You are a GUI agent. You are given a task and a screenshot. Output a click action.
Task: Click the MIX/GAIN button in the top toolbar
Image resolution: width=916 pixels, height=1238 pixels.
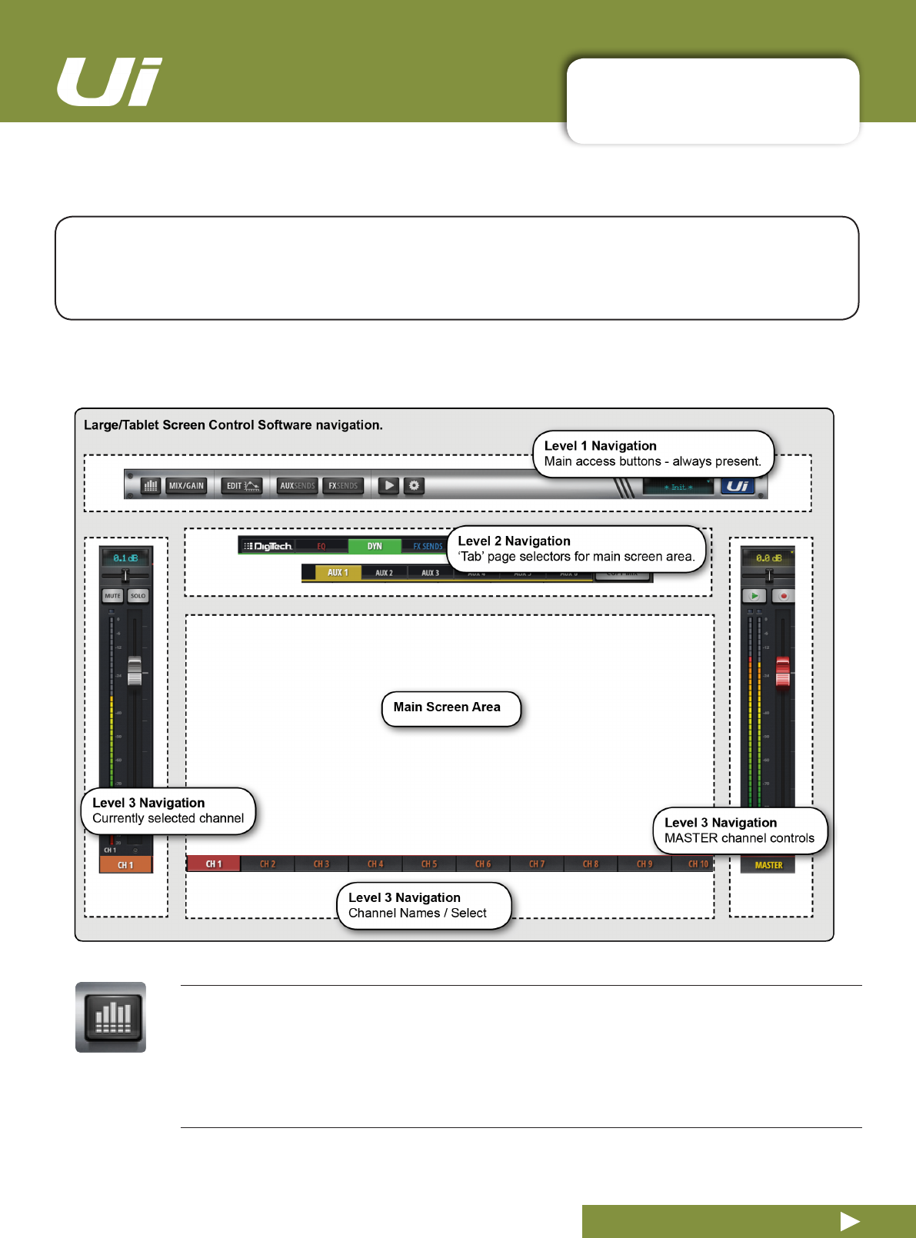[x=186, y=486]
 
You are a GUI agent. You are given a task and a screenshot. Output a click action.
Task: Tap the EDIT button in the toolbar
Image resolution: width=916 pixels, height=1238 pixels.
[x=242, y=486]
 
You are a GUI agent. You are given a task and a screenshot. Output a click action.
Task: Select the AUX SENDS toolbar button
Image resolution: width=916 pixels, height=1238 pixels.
[x=297, y=486]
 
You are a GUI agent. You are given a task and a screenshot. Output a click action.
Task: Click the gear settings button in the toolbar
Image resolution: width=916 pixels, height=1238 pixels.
[x=414, y=486]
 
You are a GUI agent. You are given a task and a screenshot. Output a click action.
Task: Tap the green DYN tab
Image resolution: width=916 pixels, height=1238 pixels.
[x=375, y=546]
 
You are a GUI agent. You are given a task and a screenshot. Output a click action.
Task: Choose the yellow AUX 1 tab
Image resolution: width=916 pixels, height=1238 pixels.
[x=338, y=573]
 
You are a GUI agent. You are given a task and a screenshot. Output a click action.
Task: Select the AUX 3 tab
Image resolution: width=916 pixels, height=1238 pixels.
[x=430, y=573]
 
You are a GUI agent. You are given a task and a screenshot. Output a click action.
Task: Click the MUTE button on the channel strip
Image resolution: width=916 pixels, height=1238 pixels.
[x=112, y=596]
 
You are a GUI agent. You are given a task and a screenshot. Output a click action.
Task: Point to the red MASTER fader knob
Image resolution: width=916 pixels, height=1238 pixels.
[x=782, y=672]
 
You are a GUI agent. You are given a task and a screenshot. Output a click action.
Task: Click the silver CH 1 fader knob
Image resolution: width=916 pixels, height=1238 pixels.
[x=135, y=671]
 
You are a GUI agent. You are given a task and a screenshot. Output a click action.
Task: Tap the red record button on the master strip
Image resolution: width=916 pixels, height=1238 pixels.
[x=783, y=596]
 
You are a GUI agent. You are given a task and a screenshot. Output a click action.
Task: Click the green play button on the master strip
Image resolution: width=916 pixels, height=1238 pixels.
[x=754, y=596]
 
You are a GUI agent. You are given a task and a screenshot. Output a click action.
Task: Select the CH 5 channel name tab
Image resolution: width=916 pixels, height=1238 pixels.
[x=429, y=864]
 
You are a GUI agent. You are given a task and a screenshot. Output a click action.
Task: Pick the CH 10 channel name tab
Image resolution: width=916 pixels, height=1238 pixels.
[x=698, y=864]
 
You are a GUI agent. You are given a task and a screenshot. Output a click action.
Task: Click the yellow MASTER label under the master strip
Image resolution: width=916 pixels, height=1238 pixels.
[x=768, y=865]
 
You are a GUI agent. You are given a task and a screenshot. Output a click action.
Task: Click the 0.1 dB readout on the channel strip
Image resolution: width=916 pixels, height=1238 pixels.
[x=125, y=558]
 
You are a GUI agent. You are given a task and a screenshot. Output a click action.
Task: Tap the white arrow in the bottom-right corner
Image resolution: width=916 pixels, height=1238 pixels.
[x=850, y=1221]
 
